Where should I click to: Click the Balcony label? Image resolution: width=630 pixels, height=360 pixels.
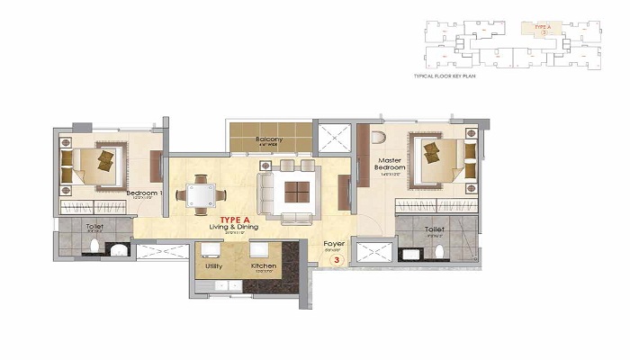click(269, 139)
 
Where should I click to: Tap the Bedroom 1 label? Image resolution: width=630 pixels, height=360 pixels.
click(143, 193)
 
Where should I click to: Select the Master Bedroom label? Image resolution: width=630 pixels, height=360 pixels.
click(391, 164)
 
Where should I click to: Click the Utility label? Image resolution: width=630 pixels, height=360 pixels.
click(213, 267)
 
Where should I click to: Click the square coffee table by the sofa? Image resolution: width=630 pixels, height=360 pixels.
click(296, 191)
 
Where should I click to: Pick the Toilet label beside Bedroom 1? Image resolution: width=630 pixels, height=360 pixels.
click(94, 227)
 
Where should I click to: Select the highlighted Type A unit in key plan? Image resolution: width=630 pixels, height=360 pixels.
click(542, 29)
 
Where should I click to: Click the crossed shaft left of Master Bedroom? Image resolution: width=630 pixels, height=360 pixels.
click(335, 139)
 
